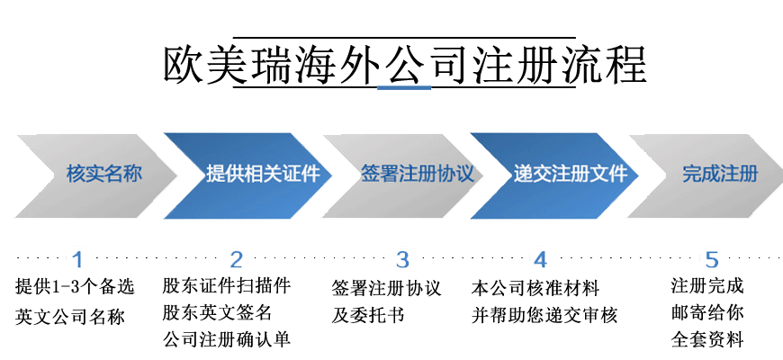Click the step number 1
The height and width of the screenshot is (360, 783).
coord(77,260)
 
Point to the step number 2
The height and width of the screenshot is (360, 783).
coord(237,260)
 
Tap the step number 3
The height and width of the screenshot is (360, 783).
coord(402,260)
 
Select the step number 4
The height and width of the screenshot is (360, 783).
coord(540,260)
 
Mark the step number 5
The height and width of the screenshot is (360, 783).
coord(712,260)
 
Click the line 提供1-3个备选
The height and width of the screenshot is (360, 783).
coord(75,288)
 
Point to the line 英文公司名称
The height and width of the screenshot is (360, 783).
coord(70,317)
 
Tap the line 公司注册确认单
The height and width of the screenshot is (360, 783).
coord(226,340)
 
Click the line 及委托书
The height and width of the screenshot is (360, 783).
coord(368,316)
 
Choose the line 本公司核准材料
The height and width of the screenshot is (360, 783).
coord(535,289)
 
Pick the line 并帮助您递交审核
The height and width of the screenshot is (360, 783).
coord(544,316)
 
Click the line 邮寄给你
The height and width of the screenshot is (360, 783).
coord(707,314)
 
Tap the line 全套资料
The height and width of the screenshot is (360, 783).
coord(707,340)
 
